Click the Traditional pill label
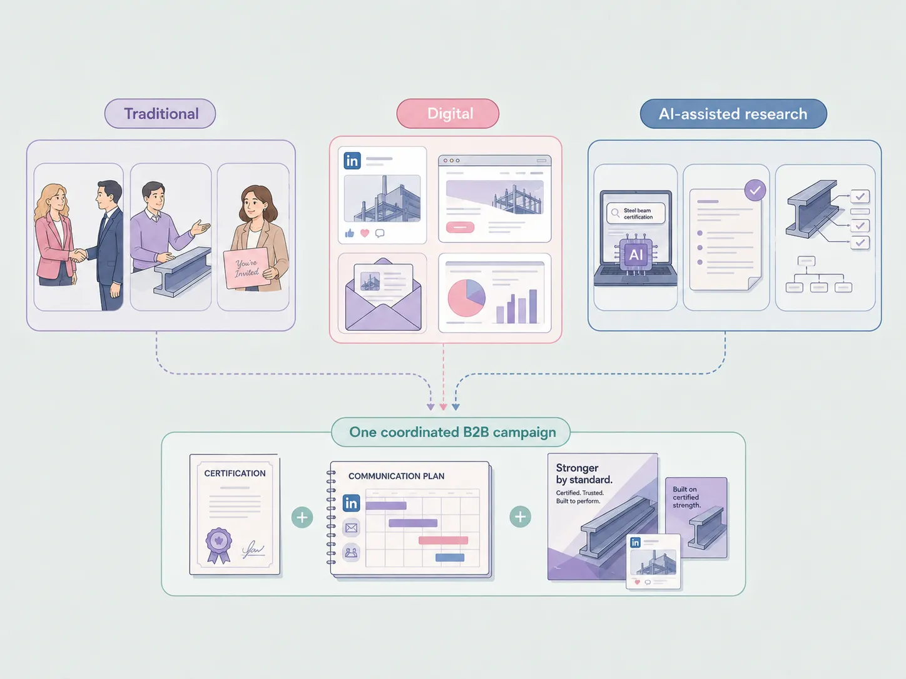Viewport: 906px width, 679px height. pyautogui.click(x=160, y=113)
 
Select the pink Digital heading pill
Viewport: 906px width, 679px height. pyautogui.click(x=448, y=113)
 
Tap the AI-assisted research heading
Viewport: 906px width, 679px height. pyautogui.click(x=733, y=113)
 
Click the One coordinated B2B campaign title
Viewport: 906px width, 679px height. pyautogui.click(x=452, y=432)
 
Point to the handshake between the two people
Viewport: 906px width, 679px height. pyautogui.click(x=78, y=256)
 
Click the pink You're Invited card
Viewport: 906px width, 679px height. pyautogui.click(x=247, y=268)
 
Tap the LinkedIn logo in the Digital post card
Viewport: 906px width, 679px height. pyautogui.click(x=352, y=161)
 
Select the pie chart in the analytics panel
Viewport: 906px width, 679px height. pyautogui.click(x=466, y=298)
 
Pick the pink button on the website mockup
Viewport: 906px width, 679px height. pyautogui.click(x=461, y=227)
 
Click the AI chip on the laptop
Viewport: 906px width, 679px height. pyautogui.click(x=636, y=254)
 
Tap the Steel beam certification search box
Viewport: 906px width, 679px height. pyautogui.click(x=636, y=213)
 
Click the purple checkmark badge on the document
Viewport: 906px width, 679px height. pyautogui.click(x=755, y=190)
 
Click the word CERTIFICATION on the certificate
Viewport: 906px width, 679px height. pyautogui.click(x=235, y=473)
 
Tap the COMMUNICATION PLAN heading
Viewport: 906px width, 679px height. pyautogui.click(x=396, y=476)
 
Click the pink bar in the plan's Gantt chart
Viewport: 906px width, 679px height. pyautogui.click(x=443, y=540)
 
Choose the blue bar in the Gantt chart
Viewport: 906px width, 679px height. pyautogui.click(x=450, y=558)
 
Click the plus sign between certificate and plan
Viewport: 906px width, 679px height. pyautogui.click(x=302, y=517)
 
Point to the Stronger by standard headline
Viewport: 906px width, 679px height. pyautogui.click(x=584, y=474)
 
